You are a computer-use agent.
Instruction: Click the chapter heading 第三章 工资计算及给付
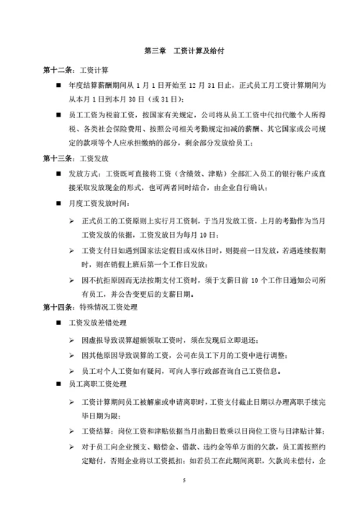[x=180, y=51]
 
